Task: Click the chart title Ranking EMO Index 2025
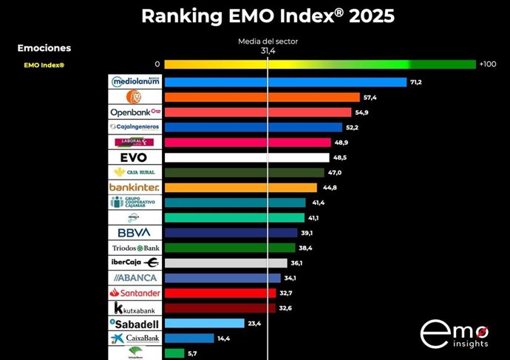click(268, 16)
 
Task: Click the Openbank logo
click(135, 112)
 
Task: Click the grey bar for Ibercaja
click(225, 262)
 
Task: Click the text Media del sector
click(268, 41)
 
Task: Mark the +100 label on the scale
click(487, 64)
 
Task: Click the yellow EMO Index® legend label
click(44, 65)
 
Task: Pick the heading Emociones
click(44, 48)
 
